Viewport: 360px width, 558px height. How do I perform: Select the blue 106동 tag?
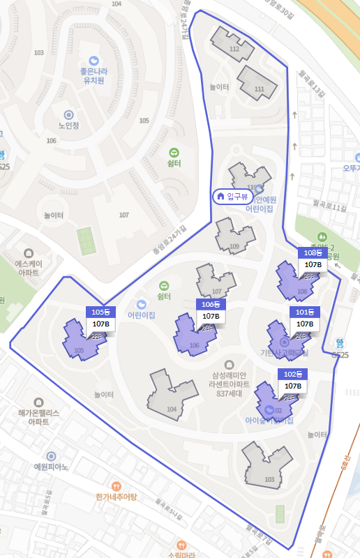pyautogui.click(x=210, y=304)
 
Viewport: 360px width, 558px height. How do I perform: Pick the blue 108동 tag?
pyautogui.click(x=313, y=252)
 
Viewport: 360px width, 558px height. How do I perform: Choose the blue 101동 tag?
pyautogui.click(x=305, y=311)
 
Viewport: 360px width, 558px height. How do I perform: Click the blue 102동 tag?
pyautogui.click(x=292, y=373)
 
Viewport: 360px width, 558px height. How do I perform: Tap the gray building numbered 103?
pyautogui.click(x=267, y=464)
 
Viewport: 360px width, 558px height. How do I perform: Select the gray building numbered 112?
pyautogui.click(x=232, y=43)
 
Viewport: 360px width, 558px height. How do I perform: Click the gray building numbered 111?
pyautogui.click(x=260, y=83)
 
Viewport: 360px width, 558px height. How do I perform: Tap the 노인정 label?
pyautogui.click(x=69, y=126)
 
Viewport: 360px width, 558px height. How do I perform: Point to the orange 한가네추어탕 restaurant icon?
pyautogui.click(x=117, y=485)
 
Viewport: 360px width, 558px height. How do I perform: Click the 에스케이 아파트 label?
pyautogui.click(x=29, y=269)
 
